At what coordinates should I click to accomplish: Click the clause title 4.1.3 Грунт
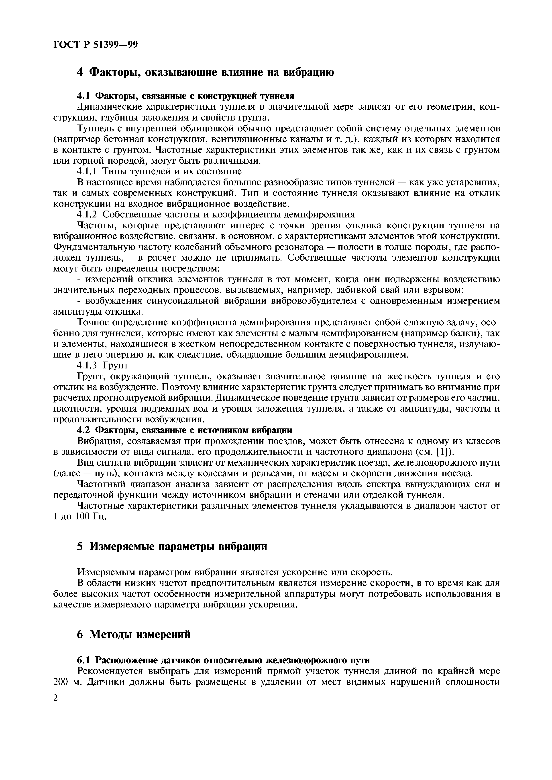103,366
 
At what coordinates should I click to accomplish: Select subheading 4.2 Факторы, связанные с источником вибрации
185,430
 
